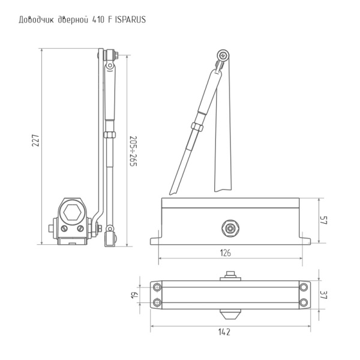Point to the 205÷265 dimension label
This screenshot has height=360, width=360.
(133, 151)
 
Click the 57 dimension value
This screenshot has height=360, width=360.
(323, 220)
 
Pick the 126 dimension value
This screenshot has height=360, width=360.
(226, 254)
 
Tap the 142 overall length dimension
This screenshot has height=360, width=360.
(225, 331)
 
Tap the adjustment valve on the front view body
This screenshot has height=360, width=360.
(229, 228)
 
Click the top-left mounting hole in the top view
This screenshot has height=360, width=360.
(157, 286)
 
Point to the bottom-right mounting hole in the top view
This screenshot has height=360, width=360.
(304, 302)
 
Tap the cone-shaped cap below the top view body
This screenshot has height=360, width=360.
(230, 314)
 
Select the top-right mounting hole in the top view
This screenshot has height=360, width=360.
(304, 286)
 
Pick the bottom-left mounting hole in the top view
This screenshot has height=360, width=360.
(157, 302)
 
